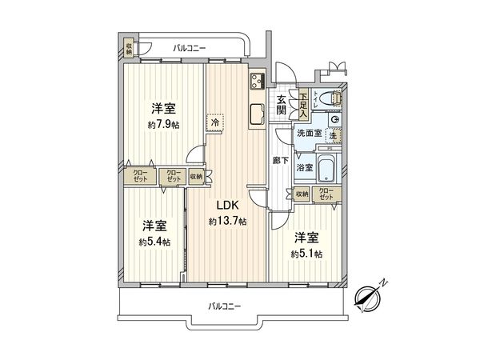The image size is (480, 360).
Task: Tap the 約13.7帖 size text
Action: click(x=226, y=221)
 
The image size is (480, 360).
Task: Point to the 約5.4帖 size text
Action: click(x=154, y=242)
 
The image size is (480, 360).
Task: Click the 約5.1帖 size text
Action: click(x=307, y=254)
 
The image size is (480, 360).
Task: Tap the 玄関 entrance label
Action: click(x=282, y=105)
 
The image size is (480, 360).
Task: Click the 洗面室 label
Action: click(x=309, y=134)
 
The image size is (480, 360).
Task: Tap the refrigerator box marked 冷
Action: click(x=215, y=123)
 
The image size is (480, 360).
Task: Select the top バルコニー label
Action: click(x=190, y=49)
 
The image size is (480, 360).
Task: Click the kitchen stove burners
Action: click(x=258, y=80)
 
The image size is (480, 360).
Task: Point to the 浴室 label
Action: click(x=304, y=168)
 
